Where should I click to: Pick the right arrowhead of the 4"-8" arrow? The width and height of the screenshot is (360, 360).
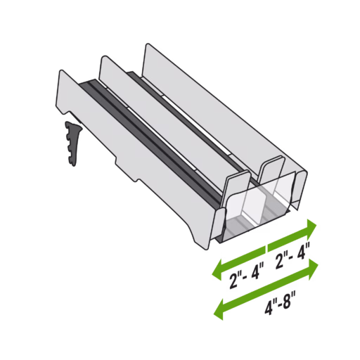(312, 263)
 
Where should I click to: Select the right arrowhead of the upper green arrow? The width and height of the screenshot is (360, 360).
(312, 227)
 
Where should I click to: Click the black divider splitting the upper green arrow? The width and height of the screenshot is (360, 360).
(267, 248)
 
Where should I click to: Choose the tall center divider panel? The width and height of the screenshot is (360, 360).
(169, 127)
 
